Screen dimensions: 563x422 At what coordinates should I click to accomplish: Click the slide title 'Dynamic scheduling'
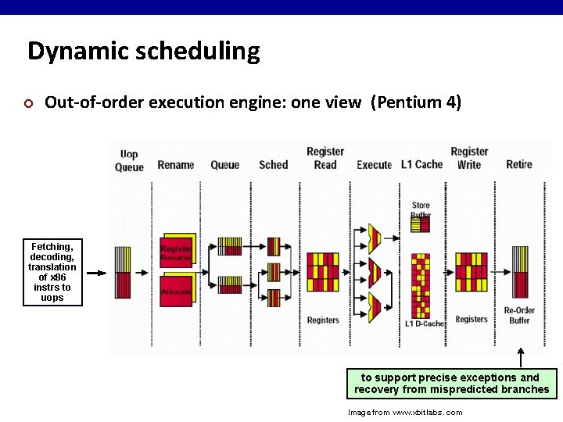(143, 52)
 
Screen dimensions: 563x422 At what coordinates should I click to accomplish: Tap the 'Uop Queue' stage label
(129, 160)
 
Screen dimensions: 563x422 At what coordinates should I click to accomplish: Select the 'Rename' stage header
(175, 165)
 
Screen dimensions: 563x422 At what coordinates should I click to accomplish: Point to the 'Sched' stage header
(273, 165)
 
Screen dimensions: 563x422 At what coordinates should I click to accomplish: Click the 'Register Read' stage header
(325, 158)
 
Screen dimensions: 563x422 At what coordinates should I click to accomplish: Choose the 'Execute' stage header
(374, 165)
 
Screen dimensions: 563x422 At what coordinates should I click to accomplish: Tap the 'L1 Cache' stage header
(421, 164)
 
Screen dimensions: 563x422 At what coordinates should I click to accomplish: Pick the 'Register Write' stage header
(469, 158)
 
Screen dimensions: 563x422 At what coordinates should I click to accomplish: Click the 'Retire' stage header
(518, 164)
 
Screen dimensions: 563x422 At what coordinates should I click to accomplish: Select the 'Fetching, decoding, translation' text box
(52, 272)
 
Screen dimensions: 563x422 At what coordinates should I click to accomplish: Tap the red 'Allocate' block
(176, 291)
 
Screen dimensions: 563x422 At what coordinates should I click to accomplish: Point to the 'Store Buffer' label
(421, 210)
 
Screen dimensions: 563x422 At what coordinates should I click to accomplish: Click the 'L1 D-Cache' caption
(425, 324)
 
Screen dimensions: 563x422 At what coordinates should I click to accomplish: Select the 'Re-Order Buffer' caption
(519, 315)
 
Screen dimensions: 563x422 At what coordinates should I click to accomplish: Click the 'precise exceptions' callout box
(452, 383)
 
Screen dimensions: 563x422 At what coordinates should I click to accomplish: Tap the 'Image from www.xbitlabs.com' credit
(405, 412)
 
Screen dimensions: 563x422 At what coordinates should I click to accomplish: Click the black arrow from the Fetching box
(96, 273)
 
